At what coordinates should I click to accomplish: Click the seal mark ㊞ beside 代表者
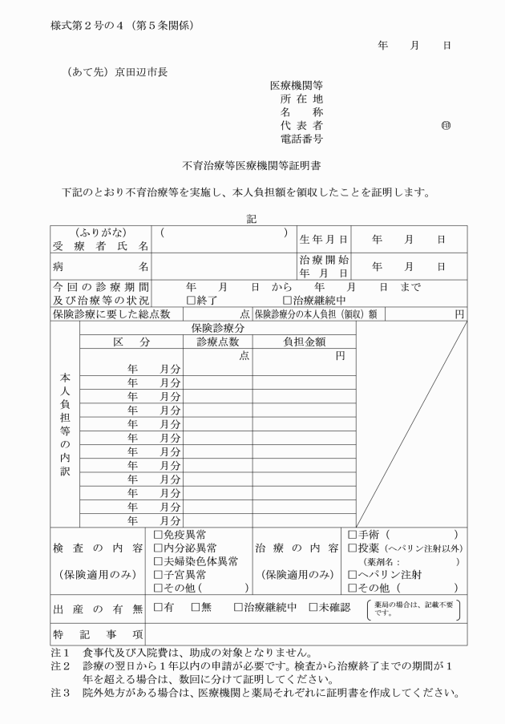point(446,127)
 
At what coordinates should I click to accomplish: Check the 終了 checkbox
point(190,300)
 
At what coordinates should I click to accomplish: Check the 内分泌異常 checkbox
point(158,548)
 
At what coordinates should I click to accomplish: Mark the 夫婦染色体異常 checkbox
point(158,561)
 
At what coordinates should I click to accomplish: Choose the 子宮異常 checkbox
point(158,575)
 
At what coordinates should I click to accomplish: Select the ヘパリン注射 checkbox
point(353,575)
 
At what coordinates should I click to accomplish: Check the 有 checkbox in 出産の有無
point(158,607)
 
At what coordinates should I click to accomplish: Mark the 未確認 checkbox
point(313,607)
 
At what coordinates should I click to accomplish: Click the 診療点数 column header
point(218,342)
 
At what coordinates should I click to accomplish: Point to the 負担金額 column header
point(304,342)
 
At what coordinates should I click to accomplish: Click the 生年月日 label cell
point(324,239)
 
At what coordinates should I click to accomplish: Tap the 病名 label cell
point(100,265)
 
